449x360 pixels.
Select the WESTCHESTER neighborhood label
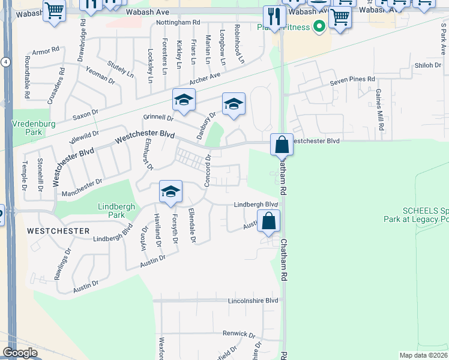pos(58,231)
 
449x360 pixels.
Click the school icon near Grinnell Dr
pos(184,101)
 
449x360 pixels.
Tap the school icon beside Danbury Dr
pos(234,105)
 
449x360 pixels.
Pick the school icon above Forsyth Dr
pos(170,192)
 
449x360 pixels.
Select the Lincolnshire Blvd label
pos(253,300)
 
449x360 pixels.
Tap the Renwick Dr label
pos(239,334)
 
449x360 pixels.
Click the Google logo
pos(20,353)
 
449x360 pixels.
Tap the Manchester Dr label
pos(82,187)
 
